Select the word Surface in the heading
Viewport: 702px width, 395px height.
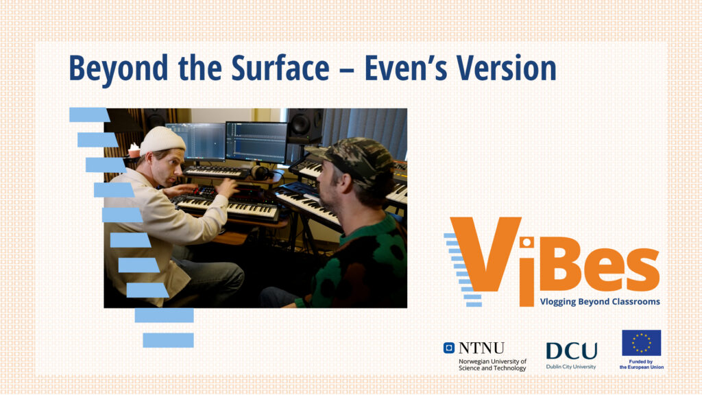[x=280, y=68]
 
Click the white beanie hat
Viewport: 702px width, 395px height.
[x=162, y=140]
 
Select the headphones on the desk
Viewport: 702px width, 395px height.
[x=260, y=173]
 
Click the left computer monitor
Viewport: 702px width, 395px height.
[x=195, y=141]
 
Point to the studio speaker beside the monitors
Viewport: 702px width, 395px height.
[x=304, y=126]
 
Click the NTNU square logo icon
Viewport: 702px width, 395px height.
[x=448, y=348]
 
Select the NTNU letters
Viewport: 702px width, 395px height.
[x=482, y=348]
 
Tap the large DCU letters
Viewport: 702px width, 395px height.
[x=571, y=350]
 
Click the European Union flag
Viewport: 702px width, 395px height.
[x=641, y=343]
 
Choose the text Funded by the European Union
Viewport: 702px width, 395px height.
[x=641, y=364]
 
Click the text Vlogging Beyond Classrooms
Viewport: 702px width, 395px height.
[x=600, y=302]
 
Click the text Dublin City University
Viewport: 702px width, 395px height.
[x=571, y=366]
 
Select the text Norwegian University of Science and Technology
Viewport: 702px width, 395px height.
[x=492, y=365]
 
